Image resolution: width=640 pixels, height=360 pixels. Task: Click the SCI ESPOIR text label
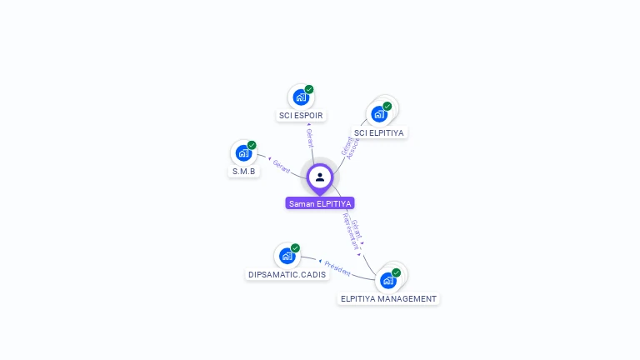(302, 116)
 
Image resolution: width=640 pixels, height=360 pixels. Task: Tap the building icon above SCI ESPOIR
(300, 97)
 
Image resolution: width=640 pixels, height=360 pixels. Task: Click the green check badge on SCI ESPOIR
(309, 89)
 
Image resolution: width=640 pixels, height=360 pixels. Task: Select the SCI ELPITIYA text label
(379, 132)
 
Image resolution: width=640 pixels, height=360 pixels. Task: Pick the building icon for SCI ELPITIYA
(379, 113)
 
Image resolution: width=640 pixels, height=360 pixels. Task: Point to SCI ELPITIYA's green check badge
(387, 106)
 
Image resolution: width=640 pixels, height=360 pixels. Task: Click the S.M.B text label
(243, 172)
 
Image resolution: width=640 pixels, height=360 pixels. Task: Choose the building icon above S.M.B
(242, 152)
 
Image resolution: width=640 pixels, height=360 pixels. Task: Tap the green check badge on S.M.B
(252, 145)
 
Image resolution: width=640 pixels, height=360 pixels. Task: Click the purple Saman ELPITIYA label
(320, 203)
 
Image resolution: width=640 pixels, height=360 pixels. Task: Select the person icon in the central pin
(320, 177)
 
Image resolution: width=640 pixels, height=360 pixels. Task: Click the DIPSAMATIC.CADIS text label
(287, 274)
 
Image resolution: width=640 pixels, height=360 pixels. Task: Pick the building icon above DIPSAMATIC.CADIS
(287, 255)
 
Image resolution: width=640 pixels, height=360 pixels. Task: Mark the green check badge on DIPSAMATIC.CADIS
(295, 247)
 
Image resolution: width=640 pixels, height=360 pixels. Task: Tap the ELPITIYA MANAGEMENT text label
(388, 298)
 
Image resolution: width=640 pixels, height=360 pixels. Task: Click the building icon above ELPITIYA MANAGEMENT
(387, 280)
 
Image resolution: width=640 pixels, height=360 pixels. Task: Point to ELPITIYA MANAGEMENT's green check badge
(396, 272)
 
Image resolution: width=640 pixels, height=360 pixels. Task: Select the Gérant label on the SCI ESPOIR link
(310, 137)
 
